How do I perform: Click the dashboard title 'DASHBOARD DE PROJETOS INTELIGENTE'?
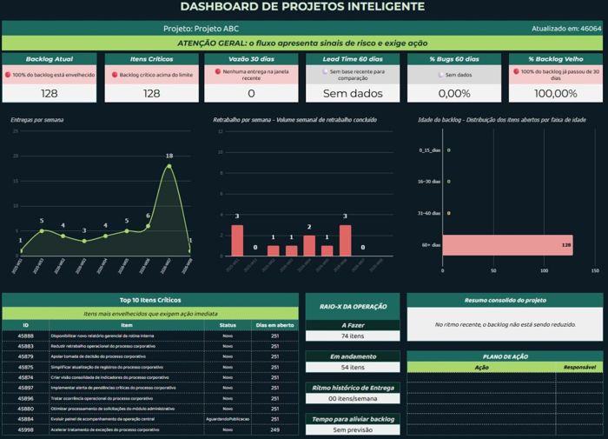[x=303, y=8]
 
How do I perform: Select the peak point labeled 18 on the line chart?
[x=169, y=166]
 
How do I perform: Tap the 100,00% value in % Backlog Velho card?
[x=555, y=93]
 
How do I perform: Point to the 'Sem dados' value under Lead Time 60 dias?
[x=352, y=93]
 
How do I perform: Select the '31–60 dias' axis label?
[x=429, y=213]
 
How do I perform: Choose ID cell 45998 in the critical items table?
[x=26, y=429]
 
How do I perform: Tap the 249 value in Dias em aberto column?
[x=275, y=429]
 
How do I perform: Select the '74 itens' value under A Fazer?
[x=352, y=336]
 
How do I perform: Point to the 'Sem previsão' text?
[x=352, y=429]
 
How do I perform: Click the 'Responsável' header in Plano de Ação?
[x=579, y=367]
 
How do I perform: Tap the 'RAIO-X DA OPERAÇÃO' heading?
[x=352, y=305]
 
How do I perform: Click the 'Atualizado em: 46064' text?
[x=565, y=29]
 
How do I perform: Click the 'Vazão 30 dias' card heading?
[x=250, y=59]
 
